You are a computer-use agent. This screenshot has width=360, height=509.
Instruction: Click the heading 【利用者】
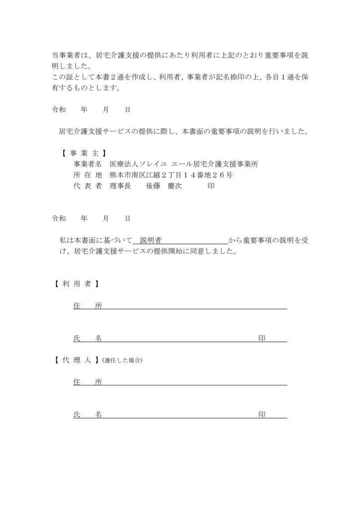[x=75, y=284]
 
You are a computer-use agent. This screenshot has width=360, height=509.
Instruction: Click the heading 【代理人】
[x=75, y=360]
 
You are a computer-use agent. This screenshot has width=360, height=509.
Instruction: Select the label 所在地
[x=87, y=175]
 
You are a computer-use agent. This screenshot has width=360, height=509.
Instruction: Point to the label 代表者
[x=87, y=186]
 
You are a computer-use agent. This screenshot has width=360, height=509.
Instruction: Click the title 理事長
[x=120, y=186]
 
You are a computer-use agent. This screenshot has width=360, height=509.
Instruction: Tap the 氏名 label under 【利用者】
[x=88, y=339]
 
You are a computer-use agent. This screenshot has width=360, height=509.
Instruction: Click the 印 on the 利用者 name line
[x=262, y=339]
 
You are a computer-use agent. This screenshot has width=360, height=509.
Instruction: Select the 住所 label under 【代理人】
[x=88, y=382]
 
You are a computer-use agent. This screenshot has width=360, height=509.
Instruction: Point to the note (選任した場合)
[x=122, y=360]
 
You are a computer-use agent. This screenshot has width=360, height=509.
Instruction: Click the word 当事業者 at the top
[x=66, y=54]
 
